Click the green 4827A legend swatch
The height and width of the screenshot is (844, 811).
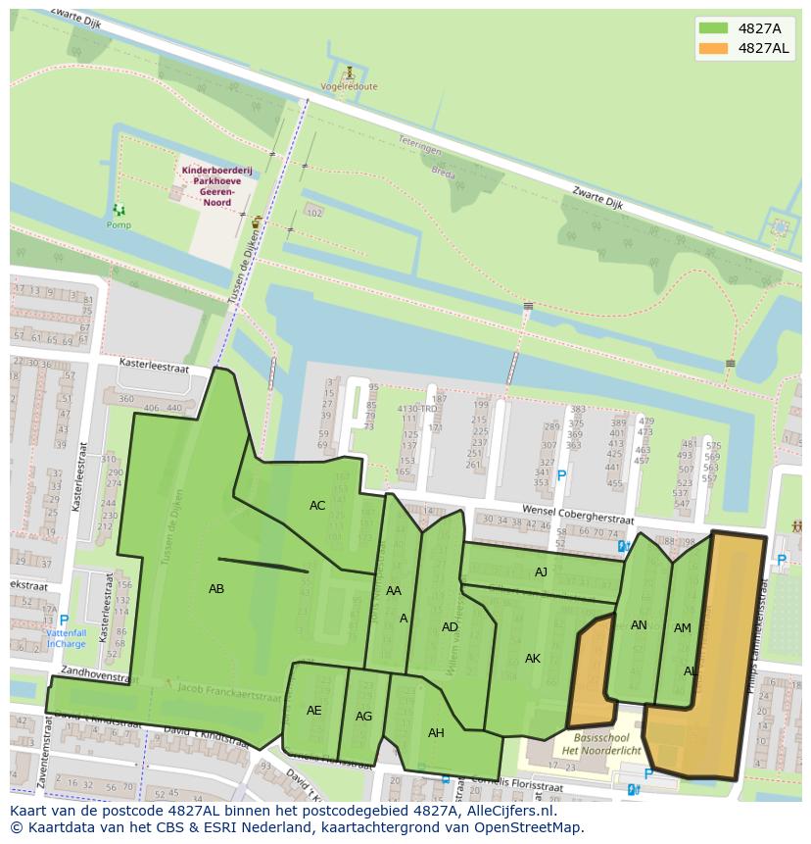[x=714, y=28]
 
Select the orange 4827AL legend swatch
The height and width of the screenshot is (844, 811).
[x=714, y=48]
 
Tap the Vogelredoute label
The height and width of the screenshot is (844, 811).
[x=349, y=86]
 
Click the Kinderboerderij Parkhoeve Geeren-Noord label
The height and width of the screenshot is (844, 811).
[x=216, y=181]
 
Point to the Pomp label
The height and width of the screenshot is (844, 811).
[x=119, y=224]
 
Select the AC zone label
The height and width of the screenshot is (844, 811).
[x=317, y=506]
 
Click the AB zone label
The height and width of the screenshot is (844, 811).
[x=216, y=589]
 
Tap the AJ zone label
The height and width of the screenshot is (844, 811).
[x=541, y=571]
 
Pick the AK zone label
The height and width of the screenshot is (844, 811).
[x=533, y=659]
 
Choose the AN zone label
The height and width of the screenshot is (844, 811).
[x=639, y=625]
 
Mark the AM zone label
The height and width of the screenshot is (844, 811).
[x=683, y=628]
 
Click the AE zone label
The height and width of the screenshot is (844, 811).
[x=314, y=711]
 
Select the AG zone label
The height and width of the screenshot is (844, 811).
[x=363, y=717]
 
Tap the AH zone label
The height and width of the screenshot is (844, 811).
[x=436, y=732]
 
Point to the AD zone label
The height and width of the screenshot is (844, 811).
[x=450, y=627]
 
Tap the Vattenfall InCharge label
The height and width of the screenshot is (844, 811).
[x=67, y=639]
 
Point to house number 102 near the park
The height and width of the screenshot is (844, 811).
[x=314, y=213]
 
